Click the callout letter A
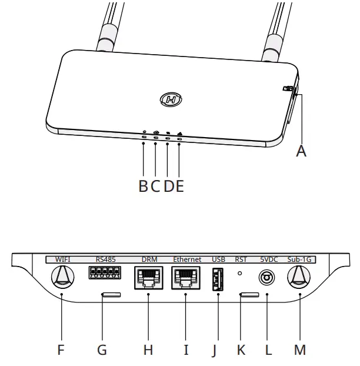click(301, 151)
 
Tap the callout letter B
click(143, 186)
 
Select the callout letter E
click(179, 186)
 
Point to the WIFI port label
click(62, 259)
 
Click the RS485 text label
click(106, 259)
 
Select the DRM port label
click(149, 259)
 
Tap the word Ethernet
click(187, 259)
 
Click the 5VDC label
click(269, 259)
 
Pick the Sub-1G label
click(300, 259)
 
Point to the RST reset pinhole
click(240, 273)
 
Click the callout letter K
click(241, 350)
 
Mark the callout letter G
click(102, 350)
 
